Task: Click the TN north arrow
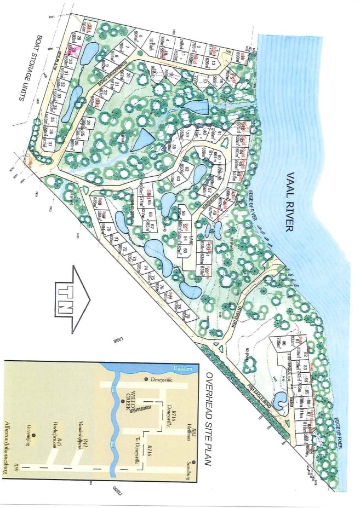coord(70,299)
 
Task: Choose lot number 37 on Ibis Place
coord(50,146)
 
